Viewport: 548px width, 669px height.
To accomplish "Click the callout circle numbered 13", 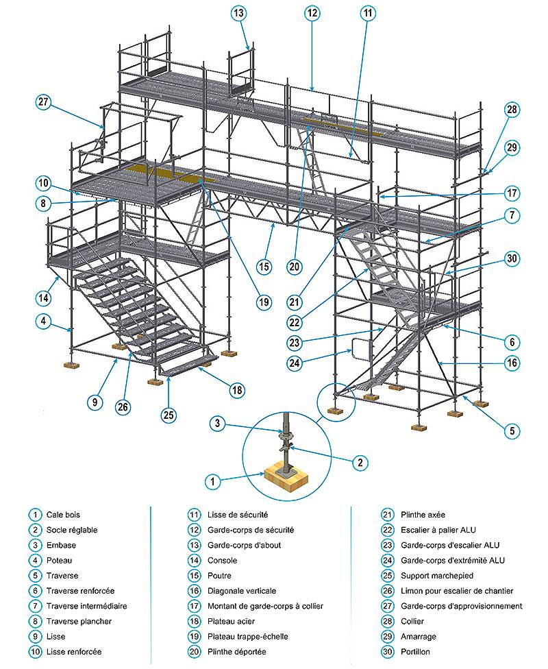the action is coord(238,13).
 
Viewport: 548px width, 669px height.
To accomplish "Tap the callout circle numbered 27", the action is coord(43,102).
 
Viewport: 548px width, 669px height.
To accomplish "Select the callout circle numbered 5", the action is coord(512,431).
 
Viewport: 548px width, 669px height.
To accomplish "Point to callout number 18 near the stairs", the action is coord(237,390).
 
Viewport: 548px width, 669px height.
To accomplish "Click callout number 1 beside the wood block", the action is coord(213,483).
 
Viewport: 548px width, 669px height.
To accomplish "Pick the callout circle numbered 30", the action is coord(512,258).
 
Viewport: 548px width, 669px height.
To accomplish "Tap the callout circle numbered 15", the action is coord(264,267).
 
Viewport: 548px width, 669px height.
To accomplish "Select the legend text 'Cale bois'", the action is coord(63,515).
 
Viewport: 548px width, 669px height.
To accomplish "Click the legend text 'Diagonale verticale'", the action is coord(242,591).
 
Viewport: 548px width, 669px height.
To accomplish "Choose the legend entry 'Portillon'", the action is coord(415,652).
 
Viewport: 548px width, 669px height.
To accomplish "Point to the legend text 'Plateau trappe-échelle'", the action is coord(248,637).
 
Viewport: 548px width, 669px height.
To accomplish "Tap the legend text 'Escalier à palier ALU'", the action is coord(438,530).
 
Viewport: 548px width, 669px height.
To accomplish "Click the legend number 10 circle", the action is coord(36,652).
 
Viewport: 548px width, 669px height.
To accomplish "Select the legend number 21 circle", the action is coord(387,515).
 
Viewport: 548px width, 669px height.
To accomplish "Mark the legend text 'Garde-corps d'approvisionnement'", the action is coord(462,606).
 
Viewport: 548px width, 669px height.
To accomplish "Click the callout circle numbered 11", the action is coord(368,13).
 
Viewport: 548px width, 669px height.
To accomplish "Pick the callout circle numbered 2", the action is coord(360,463).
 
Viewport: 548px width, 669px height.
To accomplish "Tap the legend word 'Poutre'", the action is coord(219,576).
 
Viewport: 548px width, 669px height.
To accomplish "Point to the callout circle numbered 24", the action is coord(295,363).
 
